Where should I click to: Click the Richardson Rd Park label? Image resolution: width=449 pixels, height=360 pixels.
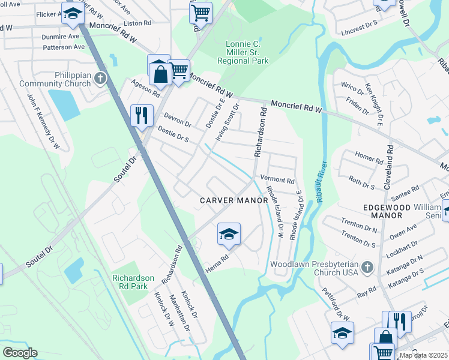138,283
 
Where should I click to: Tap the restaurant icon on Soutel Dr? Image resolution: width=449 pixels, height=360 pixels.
142,115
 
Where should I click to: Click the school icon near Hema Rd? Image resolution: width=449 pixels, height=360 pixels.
229,234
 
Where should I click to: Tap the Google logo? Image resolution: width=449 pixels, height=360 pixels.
20,352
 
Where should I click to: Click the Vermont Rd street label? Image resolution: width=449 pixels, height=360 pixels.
277,181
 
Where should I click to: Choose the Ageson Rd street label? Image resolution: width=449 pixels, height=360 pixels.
146,91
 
